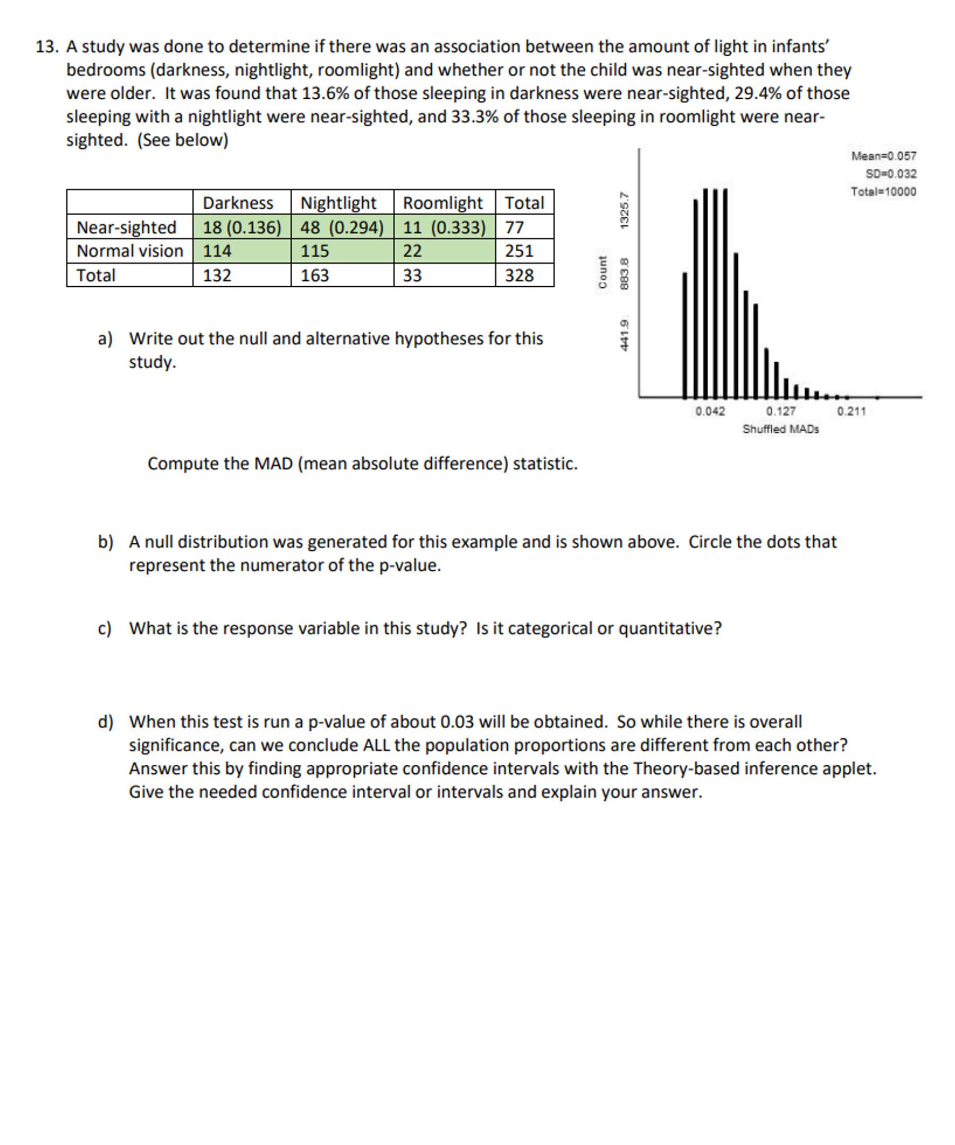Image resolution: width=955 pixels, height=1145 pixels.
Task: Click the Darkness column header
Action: click(x=238, y=203)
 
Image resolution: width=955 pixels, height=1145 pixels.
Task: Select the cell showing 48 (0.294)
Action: click(x=342, y=227)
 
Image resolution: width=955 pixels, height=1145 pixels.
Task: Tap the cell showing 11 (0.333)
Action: click(x=444, y=227)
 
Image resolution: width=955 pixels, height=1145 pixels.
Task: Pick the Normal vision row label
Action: click(x=130, y=251)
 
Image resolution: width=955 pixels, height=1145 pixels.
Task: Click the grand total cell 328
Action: click(x=519, y=275)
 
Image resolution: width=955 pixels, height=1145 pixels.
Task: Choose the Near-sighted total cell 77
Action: click(x=514, y=227)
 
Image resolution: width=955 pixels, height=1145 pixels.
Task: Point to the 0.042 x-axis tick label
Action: click(x=710, y=411)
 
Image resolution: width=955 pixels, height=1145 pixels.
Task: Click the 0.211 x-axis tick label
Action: click(x=851, y=411)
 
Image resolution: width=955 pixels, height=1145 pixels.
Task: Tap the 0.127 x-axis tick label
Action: click(x=780, y=411)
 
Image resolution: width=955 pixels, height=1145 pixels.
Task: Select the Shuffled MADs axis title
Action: click(x=780, y=429)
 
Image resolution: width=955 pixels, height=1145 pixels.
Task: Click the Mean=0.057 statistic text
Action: click(x=883, y=156)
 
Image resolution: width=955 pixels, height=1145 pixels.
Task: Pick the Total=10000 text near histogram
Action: click(x=883, y=192)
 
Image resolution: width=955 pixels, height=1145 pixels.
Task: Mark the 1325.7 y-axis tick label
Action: click(x=625, y=210)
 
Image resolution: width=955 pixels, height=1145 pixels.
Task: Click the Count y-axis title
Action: click(x=603, y=272)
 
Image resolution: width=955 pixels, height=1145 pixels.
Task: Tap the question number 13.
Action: click(x=47, y=47)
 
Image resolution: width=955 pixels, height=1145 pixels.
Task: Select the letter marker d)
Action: click(x=105, y=722)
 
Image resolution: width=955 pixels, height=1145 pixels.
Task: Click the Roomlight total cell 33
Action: click(x=412, y=275)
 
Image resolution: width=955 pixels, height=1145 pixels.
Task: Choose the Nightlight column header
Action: click(x=338, y=203)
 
